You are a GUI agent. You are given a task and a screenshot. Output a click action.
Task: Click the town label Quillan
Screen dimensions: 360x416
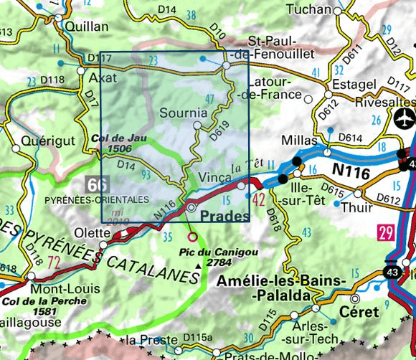86,27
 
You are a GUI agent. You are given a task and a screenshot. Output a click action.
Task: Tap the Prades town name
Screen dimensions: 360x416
226,216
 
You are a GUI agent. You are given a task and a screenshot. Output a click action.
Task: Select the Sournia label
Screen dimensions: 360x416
184,113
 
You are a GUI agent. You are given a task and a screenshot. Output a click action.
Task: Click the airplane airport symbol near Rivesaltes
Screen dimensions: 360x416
404,117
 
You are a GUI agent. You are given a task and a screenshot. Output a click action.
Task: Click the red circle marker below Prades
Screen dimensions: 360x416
192,236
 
